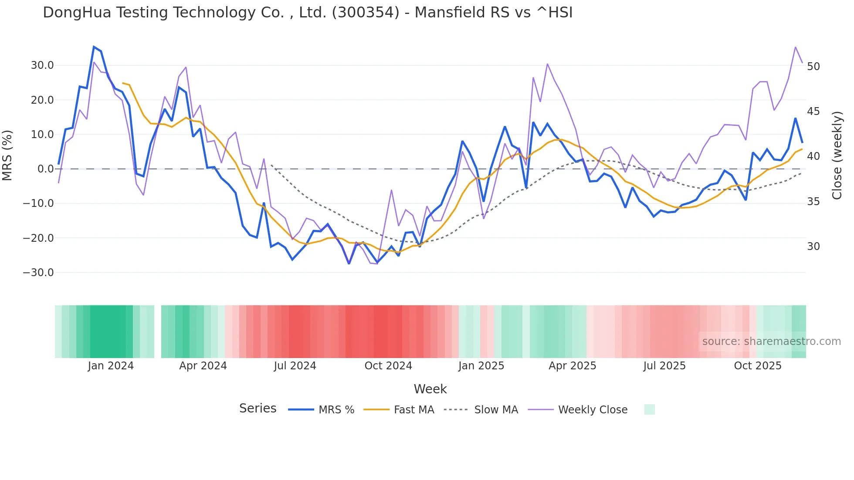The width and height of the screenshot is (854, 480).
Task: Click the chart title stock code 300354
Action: (365, 13)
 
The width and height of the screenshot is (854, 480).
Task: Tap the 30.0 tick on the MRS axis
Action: (42, 65)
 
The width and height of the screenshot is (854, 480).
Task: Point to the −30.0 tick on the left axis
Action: (38, 273)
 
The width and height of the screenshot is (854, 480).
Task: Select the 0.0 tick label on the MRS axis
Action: (45, 169)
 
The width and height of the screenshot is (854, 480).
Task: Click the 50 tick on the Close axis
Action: (813, 67)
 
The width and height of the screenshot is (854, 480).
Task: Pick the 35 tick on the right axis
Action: (813, 202)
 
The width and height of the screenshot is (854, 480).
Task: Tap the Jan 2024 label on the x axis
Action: (111, 366)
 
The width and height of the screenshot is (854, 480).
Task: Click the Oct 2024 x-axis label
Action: (388, 366)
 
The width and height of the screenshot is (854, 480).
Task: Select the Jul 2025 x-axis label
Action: (664, 366)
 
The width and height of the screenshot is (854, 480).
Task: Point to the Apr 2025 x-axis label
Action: (572, 366)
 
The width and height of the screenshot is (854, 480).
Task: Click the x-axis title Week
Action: (430, 389)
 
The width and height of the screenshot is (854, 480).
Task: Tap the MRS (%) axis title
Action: (7, 155)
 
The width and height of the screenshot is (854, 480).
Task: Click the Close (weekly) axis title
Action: (837, 155)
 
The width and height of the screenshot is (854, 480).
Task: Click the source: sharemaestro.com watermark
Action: (771, 341)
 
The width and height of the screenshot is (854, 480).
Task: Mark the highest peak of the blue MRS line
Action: (94, 47)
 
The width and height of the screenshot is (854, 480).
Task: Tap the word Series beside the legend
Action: (258, 409)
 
